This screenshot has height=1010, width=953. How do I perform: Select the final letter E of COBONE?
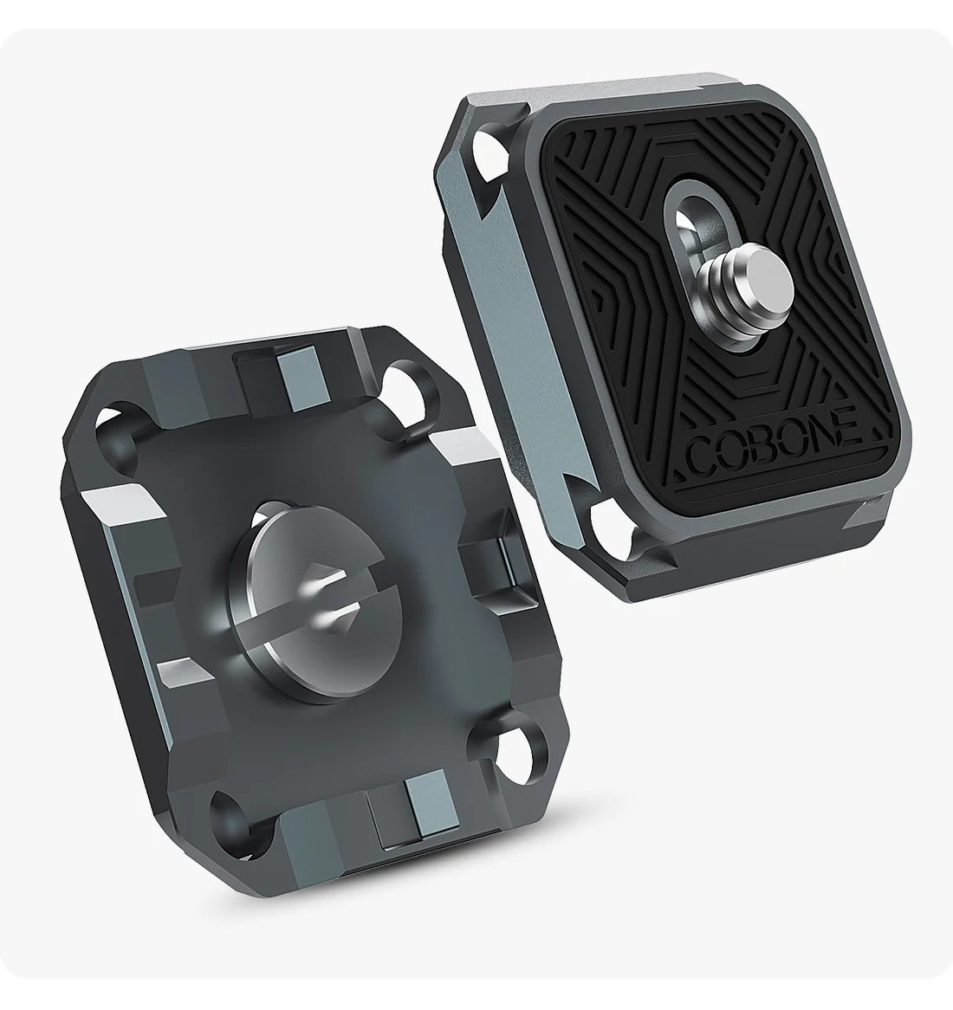point(850,426)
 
